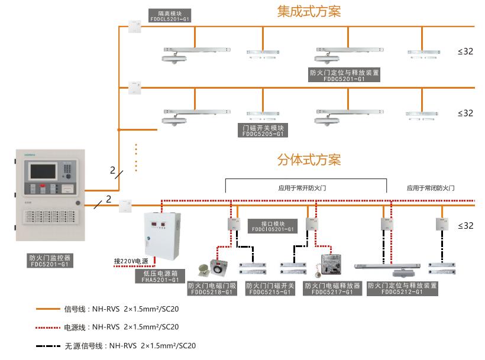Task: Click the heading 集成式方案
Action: [x=309, y=11]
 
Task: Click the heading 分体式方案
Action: [x=309, y=160]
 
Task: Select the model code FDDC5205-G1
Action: [x=264, y=134]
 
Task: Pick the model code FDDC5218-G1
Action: [x=212, y=292]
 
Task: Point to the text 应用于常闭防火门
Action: [x=430, y=188]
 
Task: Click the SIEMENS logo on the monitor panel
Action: [x=30, y=154]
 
